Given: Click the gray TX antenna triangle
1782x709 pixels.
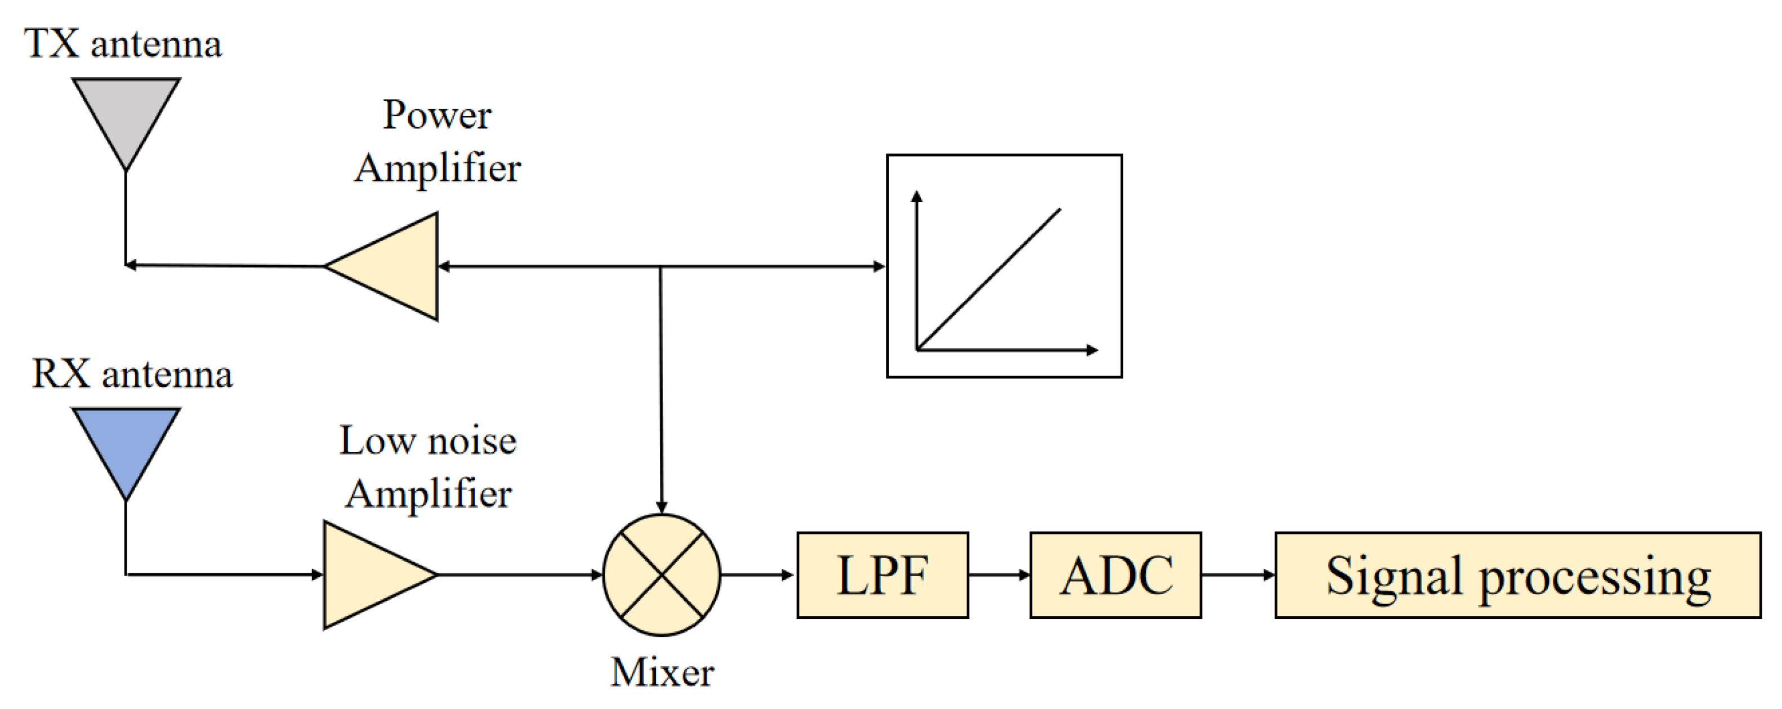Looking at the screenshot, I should [126, 111].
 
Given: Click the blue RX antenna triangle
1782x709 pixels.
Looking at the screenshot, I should [126, 440].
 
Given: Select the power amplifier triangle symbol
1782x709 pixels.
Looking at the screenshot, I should [394, 266].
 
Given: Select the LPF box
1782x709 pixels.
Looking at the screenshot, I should [882, 575].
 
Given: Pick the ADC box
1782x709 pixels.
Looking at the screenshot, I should [1115, 575].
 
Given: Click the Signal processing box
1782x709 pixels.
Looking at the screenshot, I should [1518, 575].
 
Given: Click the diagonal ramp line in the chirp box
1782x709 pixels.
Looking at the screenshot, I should [989, 279].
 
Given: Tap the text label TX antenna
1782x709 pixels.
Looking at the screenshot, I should [123, 43].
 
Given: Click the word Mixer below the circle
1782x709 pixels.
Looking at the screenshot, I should [662, 672].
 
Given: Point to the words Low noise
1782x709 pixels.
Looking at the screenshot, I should [427, 440].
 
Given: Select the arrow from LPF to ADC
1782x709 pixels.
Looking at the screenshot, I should [999, 575].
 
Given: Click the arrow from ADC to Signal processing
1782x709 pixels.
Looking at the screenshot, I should [1238, 575].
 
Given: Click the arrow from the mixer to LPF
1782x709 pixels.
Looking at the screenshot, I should [757, 575].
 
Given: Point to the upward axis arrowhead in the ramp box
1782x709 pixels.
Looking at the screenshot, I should [917, 196].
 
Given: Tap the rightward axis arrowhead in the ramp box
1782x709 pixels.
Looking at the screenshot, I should [1092, 350].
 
